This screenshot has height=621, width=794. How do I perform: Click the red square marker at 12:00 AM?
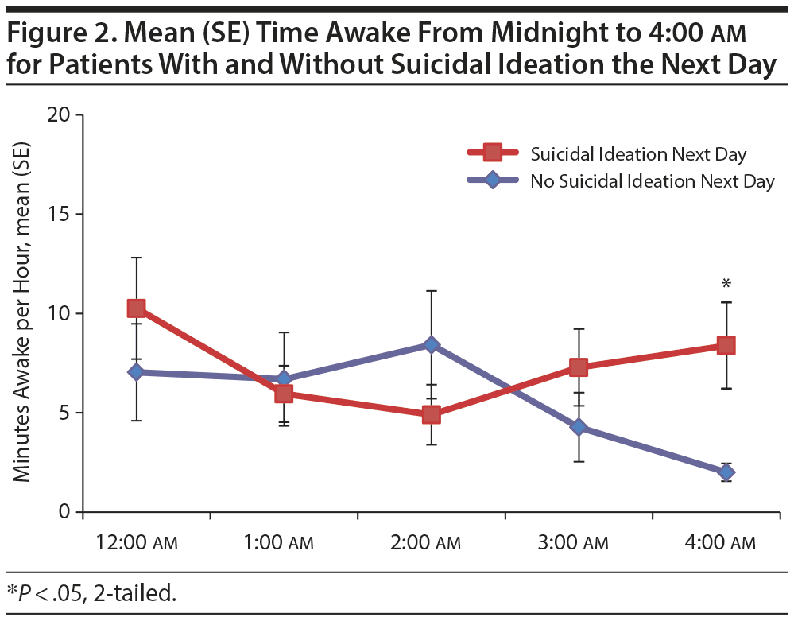[136, 309]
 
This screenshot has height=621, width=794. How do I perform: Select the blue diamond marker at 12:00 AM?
[136, 371]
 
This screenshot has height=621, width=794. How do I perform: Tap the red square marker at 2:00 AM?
[432, 414]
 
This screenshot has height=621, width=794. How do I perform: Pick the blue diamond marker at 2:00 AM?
[432, 345]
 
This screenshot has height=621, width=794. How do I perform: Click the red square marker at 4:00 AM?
[726, 345]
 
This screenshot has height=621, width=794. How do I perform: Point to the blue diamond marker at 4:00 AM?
[726, 472]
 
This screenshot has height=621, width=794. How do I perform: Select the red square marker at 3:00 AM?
[579, 367]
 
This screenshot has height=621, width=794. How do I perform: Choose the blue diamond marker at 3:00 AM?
[579, 427]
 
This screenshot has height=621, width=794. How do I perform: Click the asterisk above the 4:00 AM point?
[726, 284]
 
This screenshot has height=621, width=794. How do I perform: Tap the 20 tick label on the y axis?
[62, 115]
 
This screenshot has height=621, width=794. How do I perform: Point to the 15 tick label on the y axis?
[62, 215]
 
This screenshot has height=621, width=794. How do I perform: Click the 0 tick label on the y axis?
[68, 512]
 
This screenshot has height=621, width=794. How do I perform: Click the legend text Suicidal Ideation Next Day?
[638, 153]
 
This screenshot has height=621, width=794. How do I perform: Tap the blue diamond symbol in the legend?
[493, 180]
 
